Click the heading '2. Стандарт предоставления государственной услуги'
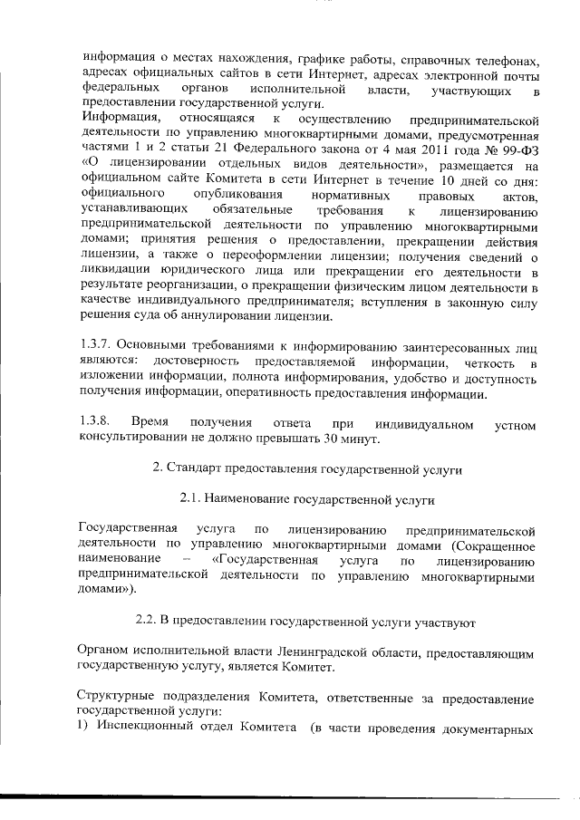[306, 471]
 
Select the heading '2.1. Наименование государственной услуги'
[306, 499]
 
